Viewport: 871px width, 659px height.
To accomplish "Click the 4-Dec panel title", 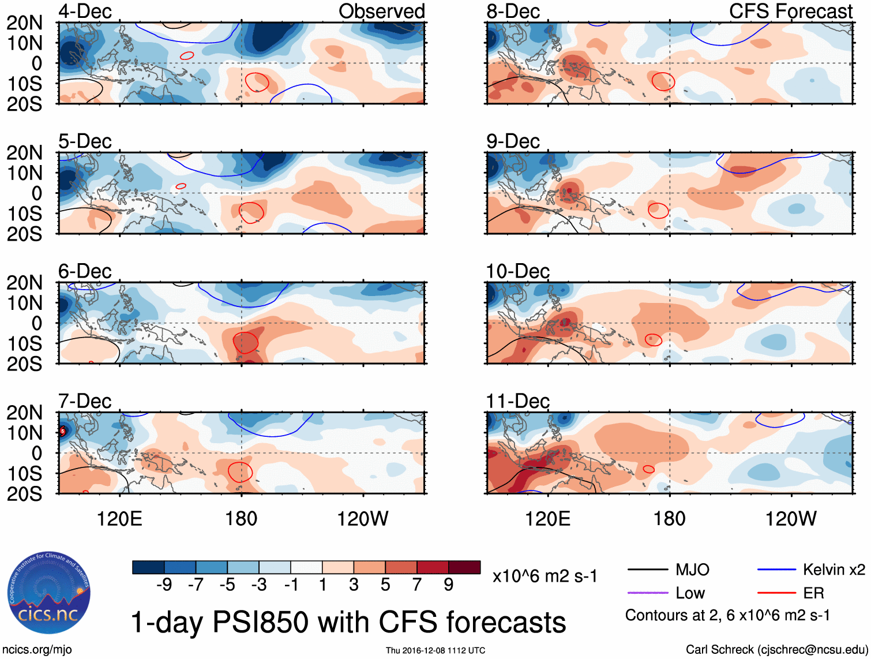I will point(85,12).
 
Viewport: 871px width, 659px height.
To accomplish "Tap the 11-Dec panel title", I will point(517,401).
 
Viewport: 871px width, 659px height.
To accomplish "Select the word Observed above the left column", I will point(381,12).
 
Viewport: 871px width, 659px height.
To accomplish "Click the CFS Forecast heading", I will point(790,12).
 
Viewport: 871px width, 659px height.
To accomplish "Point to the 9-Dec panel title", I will point(513,141).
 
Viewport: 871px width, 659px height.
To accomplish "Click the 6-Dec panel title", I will point(85,271).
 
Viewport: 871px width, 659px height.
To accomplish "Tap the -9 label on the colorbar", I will point(164,585).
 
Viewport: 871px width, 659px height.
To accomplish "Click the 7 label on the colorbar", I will point(417,585).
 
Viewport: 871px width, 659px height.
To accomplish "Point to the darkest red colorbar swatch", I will point(464,567).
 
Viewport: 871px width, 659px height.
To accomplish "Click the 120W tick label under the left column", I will point(363,519).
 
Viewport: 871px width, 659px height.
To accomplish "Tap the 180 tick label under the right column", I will point(669,519).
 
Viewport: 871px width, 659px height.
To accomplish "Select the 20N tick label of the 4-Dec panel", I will point(25,23).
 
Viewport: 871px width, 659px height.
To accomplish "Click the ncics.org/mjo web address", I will point(37,650).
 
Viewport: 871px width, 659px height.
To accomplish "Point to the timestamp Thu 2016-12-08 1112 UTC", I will point(435,651).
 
